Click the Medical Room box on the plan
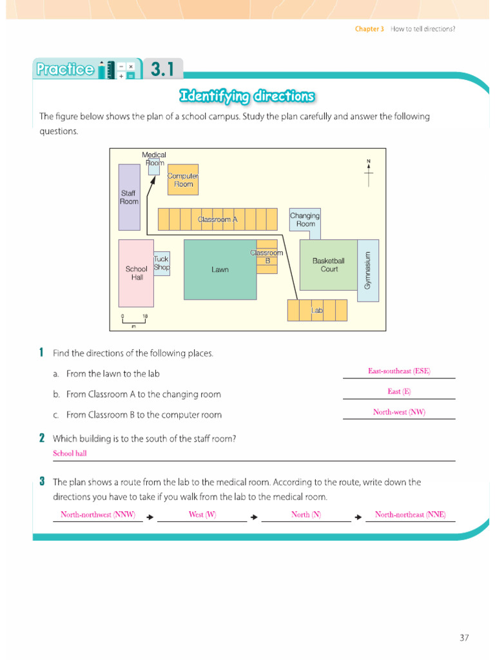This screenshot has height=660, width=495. (x=154, y=167)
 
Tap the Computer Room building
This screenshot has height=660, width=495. (x=183, y=180)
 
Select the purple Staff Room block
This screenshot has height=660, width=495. (x=129, y=197)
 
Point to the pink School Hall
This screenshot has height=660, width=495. (x=136, y=273)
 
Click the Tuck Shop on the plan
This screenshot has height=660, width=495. (x=162, y=264)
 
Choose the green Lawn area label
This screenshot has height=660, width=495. (x=220, y=269)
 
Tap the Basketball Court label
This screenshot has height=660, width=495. (x=329, y=265)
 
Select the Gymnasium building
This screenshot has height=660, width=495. (x=368, y=271)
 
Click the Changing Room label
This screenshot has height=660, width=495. (x=305, y=220)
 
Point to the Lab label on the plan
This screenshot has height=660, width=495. (x=317, y=310)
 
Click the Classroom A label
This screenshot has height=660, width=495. (x=218, y=219)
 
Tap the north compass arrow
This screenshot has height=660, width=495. (x=369, y=173)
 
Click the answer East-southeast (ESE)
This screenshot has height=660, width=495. (x=399, y=371)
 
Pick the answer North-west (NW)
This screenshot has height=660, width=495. (x=399, y=412)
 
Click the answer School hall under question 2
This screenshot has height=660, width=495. (x=70, y=453)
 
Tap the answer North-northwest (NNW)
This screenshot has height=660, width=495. (x=98, y=514)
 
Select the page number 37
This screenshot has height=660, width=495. (x=464, y=637)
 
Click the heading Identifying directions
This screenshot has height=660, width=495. (x=247, y=97)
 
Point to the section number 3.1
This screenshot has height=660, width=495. (x=162, y=69)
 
